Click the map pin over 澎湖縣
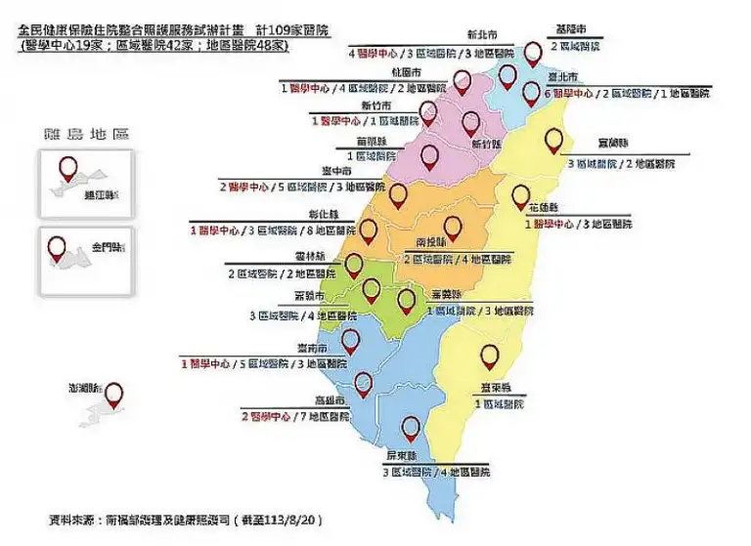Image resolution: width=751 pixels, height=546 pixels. point(114,396)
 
